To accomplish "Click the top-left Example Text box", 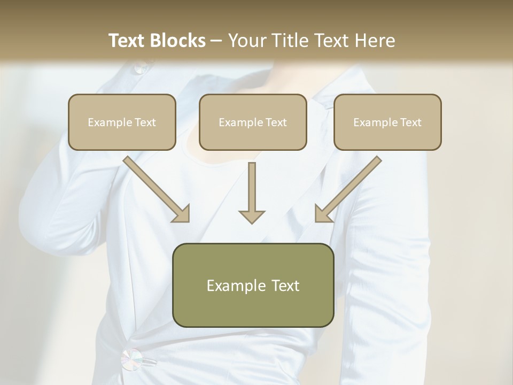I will [122, 122].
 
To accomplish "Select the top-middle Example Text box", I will [253, 122].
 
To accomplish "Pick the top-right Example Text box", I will [387, 122].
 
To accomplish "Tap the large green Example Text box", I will [253, 286].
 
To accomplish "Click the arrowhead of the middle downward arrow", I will [252, 216].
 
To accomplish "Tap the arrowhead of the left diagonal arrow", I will [182, 213].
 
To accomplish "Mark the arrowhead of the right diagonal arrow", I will [323, 213].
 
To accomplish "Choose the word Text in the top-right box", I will [410, 122].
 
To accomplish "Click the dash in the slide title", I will [216, 41].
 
